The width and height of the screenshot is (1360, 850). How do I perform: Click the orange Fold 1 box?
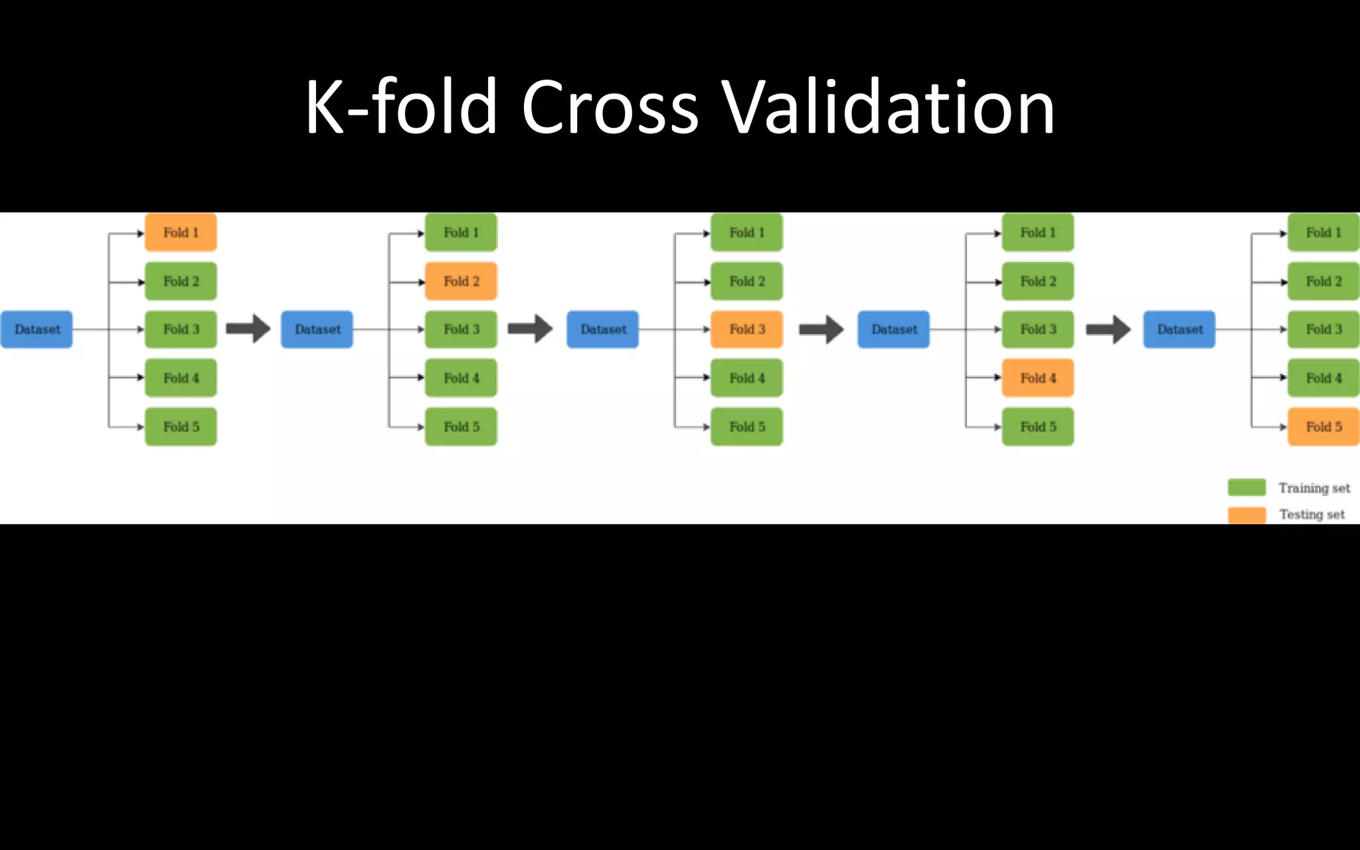181,232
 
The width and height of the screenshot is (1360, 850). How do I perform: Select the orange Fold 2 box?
461,281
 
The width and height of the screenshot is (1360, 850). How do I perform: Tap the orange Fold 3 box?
746,329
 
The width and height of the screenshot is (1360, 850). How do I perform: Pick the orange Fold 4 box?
1037,378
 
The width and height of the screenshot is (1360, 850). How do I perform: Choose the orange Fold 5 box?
1323,426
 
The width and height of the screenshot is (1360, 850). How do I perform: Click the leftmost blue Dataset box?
37,329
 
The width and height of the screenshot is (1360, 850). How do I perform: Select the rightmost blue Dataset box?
1179,329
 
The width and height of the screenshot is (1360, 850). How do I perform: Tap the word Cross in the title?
610,108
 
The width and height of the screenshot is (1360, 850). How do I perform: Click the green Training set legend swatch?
1246,487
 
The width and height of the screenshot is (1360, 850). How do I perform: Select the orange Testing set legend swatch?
1246,515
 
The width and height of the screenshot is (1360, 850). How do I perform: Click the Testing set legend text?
1312,515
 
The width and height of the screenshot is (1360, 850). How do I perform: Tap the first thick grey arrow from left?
248,329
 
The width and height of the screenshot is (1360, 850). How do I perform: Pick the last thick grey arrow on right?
1108,329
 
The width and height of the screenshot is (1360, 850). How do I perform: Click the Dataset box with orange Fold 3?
602,329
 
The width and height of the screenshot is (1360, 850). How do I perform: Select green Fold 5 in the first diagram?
181,426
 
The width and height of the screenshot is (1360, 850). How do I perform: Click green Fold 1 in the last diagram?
1323,232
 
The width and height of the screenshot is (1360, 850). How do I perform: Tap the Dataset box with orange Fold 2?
317,329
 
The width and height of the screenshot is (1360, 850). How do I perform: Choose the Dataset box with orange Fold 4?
893,329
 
